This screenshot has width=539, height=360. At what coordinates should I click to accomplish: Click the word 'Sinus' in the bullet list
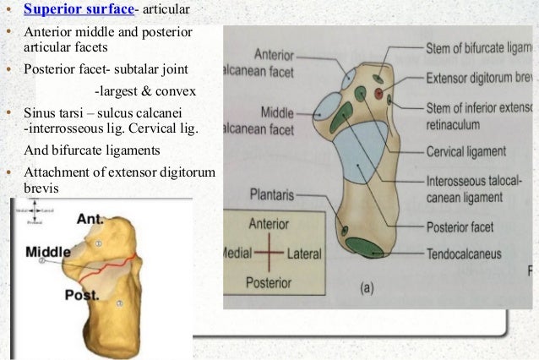[x=41, y=113]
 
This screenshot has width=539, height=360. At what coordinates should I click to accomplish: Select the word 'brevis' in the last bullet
[x=42, y=188]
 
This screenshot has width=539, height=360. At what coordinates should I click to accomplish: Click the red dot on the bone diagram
[x=377, y=90]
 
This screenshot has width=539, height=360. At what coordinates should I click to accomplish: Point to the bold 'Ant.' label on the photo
[x=90, y=219]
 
